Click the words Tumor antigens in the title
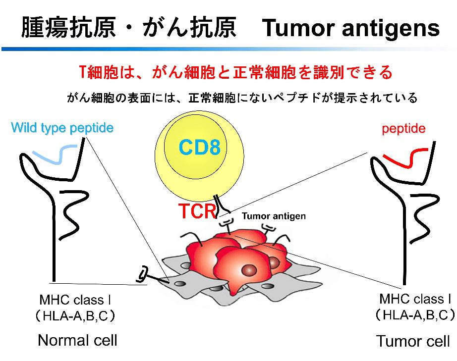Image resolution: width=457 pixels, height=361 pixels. [351, 28]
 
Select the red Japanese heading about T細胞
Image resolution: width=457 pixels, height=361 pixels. [236, 73]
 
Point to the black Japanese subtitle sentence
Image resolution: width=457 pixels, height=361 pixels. [242, 98]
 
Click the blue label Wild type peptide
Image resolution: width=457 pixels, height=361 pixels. [62, 128]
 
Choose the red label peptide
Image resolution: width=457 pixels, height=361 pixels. [403, 129]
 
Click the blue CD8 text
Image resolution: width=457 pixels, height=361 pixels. [199, 147]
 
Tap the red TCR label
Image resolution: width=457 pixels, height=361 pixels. [197, 211]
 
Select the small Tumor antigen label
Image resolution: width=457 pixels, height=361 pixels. [274, 216]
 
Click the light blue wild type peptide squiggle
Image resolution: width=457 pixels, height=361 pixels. [55, 152]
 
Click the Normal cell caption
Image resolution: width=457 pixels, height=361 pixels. [77, 340]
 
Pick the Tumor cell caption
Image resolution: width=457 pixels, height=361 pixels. [413, 341]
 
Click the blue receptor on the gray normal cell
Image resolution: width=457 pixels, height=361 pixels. [143, 273]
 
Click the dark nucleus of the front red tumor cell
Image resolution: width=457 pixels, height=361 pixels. [248, 270]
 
